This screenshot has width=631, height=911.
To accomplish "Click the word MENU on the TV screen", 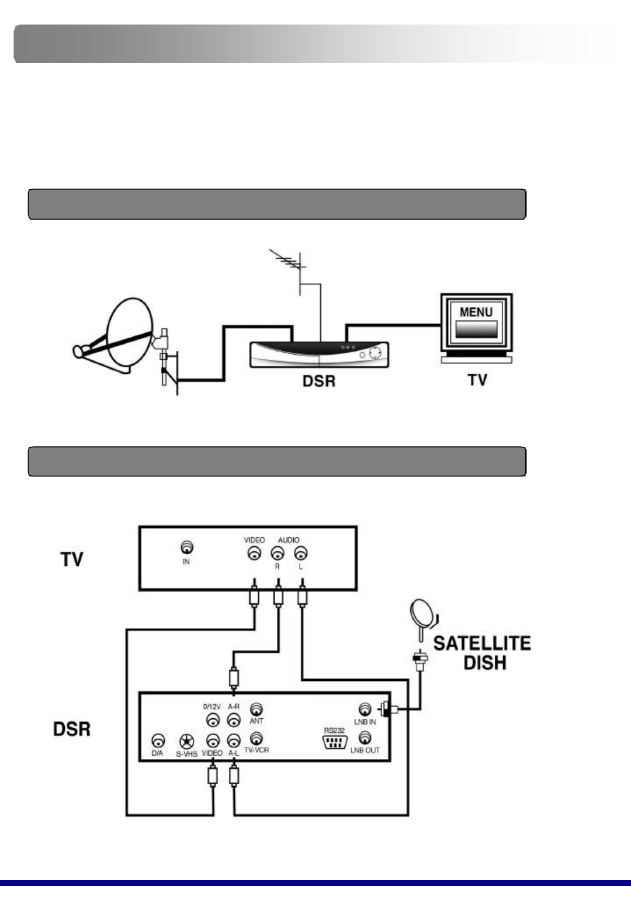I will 476,312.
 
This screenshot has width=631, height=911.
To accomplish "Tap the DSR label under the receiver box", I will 319,381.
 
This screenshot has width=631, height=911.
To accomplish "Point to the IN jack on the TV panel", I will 186,548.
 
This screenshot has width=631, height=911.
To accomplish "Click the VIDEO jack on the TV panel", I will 254,553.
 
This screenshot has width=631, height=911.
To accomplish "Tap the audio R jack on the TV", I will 278,553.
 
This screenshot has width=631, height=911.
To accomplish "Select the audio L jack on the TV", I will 301,553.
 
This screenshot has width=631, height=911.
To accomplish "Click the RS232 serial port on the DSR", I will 334,742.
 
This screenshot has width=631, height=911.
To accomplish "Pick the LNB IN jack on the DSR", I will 365,710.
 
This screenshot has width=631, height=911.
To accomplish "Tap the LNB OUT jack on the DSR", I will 365,738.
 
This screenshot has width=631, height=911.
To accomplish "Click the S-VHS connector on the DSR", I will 186,741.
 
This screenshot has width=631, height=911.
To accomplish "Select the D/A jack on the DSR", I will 158,741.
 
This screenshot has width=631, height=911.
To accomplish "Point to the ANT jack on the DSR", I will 256,710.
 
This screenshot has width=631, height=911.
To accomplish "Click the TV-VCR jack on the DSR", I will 256,739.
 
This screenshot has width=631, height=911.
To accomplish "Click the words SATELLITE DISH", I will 482,653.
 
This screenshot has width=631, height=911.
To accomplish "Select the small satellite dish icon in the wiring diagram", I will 422,613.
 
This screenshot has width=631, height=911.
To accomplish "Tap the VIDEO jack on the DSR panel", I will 213,741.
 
